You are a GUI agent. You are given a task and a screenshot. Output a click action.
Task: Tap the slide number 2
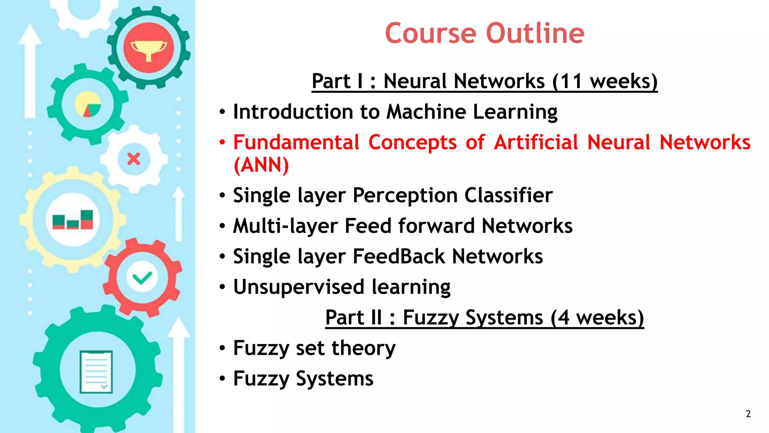[748, 414]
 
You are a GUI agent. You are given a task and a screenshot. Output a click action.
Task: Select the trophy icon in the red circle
[149, 49]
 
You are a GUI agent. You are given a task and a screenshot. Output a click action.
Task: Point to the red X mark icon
[134, 159]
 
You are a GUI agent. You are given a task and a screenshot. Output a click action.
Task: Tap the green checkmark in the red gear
[142, 278]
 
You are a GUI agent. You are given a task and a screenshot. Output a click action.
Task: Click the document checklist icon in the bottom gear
[97, 372]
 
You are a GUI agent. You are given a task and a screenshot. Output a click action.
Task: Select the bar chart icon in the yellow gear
[73, 220]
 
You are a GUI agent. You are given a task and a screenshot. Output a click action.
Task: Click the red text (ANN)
[261, 165]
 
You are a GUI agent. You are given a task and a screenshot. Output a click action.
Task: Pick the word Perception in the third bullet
[405, 195]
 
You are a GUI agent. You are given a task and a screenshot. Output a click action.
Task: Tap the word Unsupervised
[299, 287]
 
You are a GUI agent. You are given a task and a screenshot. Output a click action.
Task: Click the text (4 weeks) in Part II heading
[597, 318]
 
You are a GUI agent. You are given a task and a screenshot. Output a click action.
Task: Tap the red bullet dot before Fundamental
[222, 142]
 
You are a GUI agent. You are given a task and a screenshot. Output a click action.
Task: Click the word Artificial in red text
[536, 142]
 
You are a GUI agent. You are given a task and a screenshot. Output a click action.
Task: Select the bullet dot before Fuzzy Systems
[222, 378]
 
